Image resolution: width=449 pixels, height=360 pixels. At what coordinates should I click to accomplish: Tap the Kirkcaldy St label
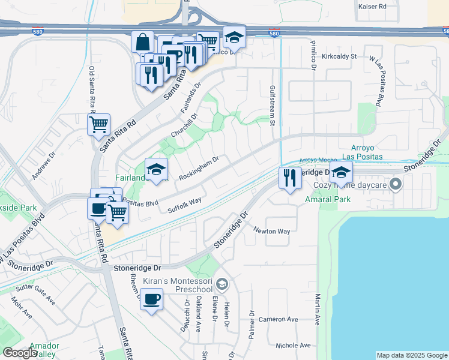[x=339, y=56]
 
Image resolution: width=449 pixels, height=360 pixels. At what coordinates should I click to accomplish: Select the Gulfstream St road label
[x=272, y=106]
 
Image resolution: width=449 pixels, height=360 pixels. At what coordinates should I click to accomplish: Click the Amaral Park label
[x=327, y=199]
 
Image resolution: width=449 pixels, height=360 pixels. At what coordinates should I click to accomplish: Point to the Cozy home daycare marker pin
[x=396, y=184]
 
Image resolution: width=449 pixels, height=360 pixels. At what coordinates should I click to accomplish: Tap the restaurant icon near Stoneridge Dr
[x=290, y=178]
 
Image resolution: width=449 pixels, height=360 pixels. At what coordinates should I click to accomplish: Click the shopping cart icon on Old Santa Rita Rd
[x=98, y=125]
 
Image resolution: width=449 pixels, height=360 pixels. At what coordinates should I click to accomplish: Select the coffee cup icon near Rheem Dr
[x=151, y=299]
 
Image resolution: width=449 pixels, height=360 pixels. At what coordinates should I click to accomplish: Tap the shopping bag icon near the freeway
[x=143, y=42]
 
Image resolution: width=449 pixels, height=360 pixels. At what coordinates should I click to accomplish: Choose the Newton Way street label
[x=271, y=231]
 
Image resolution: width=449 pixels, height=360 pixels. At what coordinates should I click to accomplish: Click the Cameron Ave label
[x=279, y=319]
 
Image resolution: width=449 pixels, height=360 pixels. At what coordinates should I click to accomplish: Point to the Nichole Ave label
[x=293, y=345]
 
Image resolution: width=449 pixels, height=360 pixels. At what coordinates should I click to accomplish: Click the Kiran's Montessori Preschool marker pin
[x=222, y=284]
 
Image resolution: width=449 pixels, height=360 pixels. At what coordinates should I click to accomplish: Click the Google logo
[x=20, y=352]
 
